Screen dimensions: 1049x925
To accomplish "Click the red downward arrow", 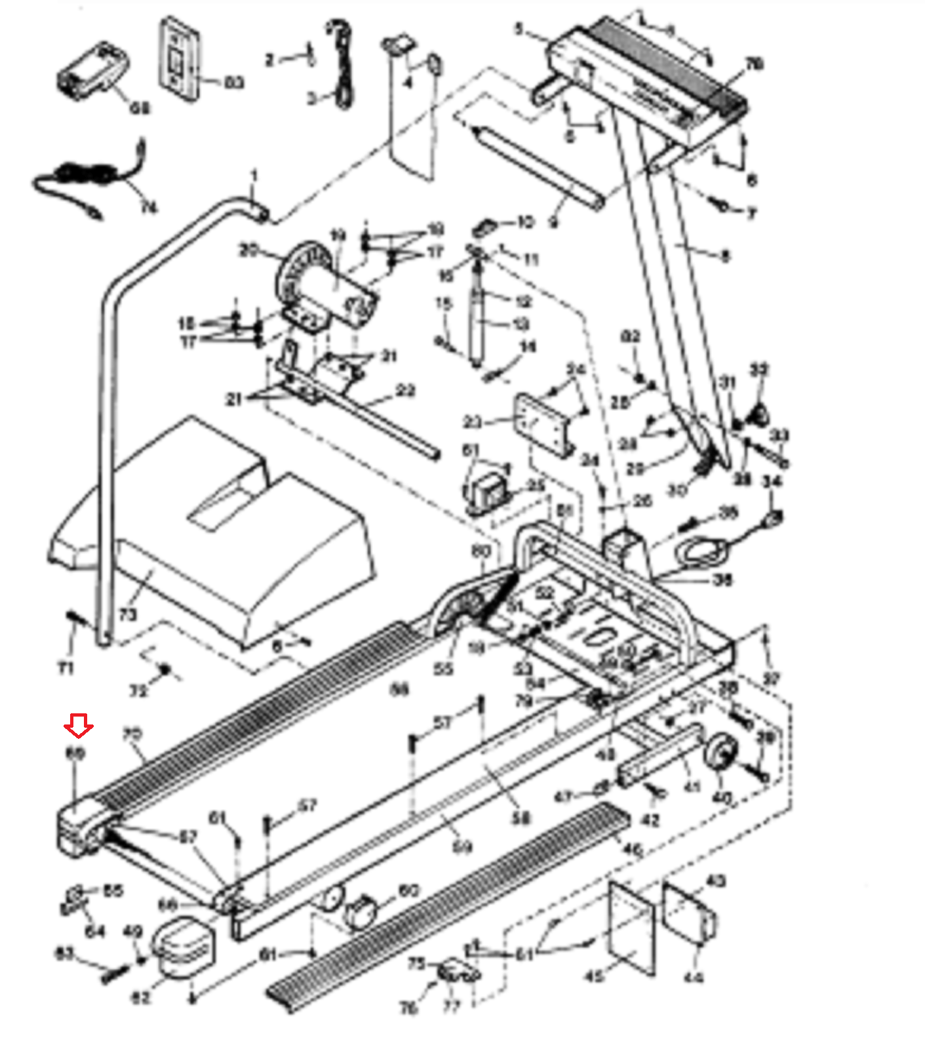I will click(x=79, y=726).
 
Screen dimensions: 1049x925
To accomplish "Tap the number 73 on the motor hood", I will click(x=128, y=614).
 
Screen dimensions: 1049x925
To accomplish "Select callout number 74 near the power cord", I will click(x=149, y=207).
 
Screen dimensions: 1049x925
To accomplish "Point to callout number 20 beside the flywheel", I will click(x=249, y=250).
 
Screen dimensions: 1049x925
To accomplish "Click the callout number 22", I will click(x=406, y=391).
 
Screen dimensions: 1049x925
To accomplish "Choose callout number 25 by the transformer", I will click(x=536, y=485).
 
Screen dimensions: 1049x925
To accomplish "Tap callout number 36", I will click(x=722, y=580).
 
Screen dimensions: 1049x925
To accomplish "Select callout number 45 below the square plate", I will click(x=593, y=976).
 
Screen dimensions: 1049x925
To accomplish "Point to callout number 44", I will click(x=693, y=978).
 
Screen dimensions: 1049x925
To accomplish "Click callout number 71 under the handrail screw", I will click(x=66, y=668).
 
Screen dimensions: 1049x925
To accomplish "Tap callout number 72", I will click(x=138, y=690).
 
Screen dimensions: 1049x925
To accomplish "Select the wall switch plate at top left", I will click(x=178, y=60).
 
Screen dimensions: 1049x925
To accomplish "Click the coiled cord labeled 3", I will click(x=342, y=66).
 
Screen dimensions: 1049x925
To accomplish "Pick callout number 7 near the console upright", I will click(x=751, y=214).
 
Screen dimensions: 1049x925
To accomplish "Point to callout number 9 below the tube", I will click(x=554, y=222).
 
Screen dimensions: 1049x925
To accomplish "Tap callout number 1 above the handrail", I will click(x=254, y=176).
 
